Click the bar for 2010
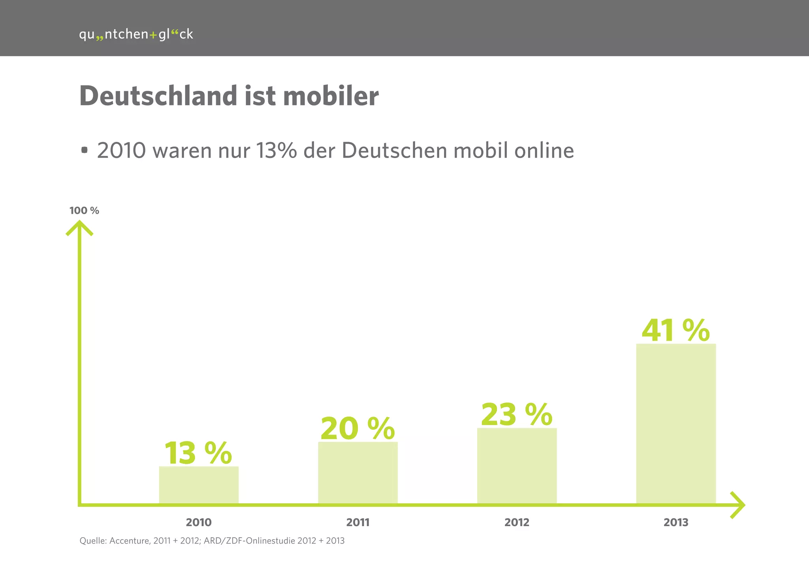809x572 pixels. tap(199, 485)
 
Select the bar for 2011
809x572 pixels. tap(358, 473)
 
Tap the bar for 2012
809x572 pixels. tap(517, 466)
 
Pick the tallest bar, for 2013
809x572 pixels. tap(676, 423)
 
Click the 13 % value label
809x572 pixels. tap(198, 453)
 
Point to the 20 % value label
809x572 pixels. tap(357, 429)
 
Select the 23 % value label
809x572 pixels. tap(517, 415)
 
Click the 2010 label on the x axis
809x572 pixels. tap(199, 523)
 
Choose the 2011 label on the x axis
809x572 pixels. tap(358, 523)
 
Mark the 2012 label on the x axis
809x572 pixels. tap(517, 523)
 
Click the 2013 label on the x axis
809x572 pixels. tap(676, 523)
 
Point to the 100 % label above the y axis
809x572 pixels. tap(84, 211)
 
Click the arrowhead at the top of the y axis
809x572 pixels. tap(79, 228)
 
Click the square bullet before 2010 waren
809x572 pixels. tap(84, 150)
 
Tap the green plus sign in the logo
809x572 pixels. tap(153, 35)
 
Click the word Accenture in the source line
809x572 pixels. tap(129, 541)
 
